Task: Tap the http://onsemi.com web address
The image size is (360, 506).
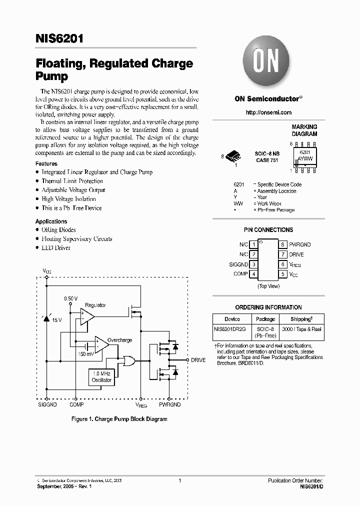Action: tap(268, 112)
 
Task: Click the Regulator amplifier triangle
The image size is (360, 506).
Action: tap(87, 315)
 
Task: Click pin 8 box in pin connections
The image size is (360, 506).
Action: tap(283, 244)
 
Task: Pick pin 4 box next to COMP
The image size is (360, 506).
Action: tap(254, 274)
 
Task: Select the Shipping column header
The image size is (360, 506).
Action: tap(301, 319)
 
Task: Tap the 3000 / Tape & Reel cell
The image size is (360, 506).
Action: tap(301, 329)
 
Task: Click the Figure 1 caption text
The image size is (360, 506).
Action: tap(119, 419)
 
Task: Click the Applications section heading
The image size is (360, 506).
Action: tap(51, 221)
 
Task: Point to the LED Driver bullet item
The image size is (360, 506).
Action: tap(56, 248)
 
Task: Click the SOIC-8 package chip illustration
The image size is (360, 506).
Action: tap(233, 156)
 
